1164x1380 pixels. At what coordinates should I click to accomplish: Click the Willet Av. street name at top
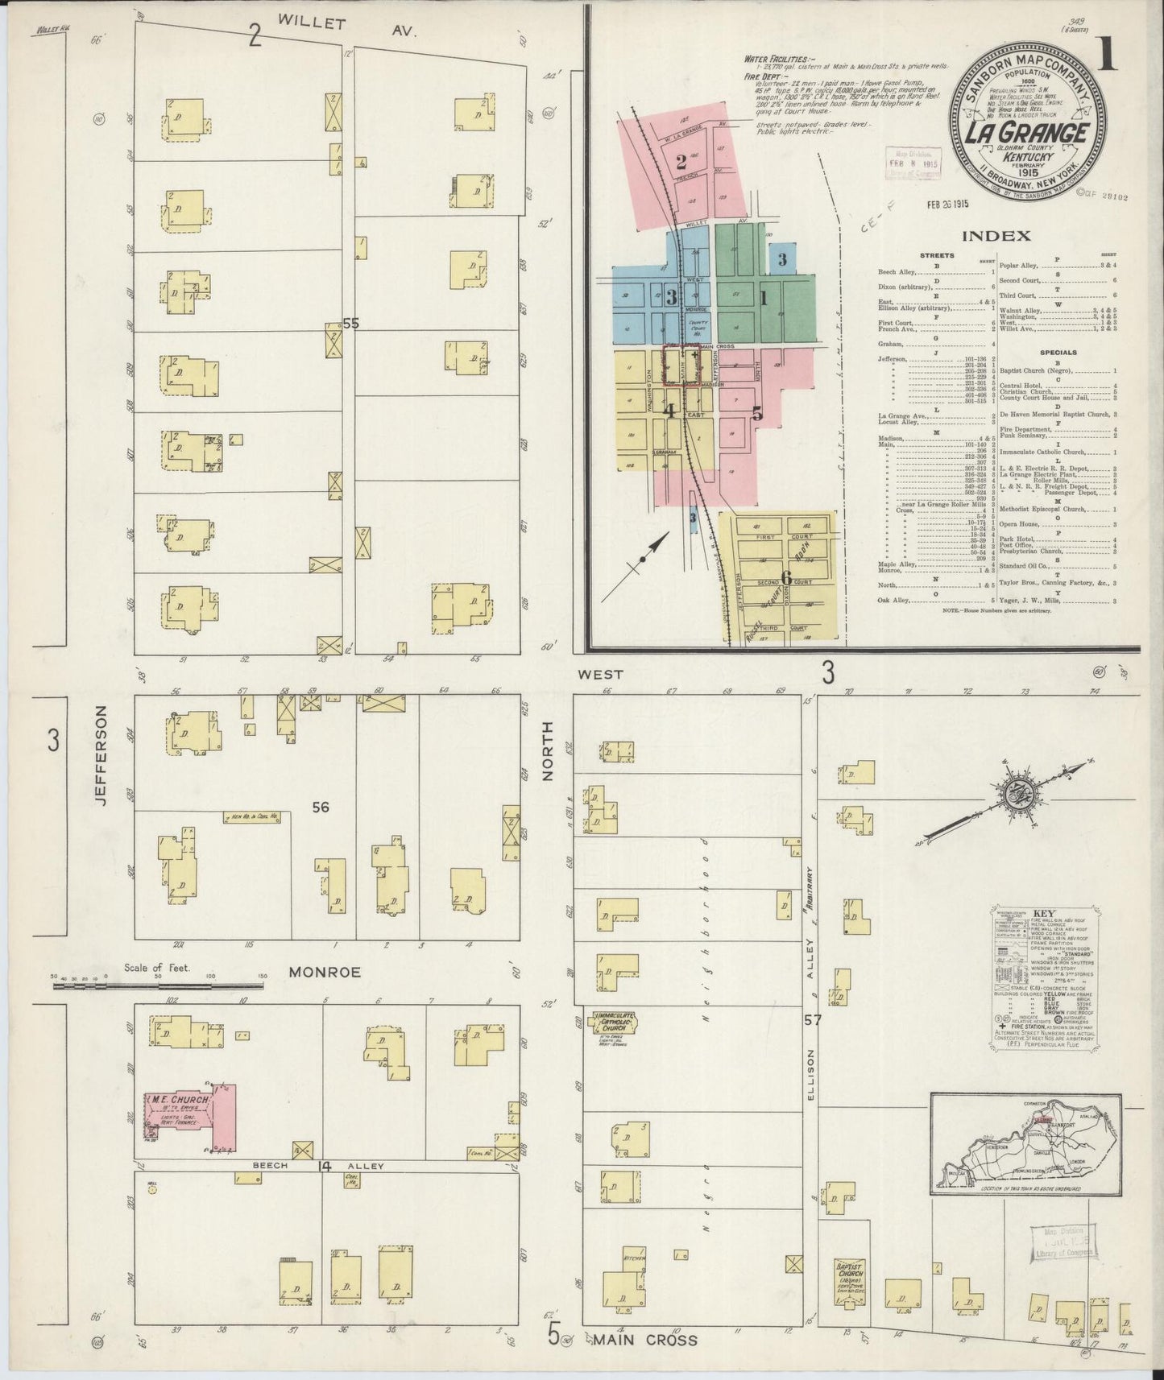pyautogui.click(x=347, y=30)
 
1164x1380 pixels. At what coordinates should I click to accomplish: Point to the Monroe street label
pyautogui.click(x=325, y=972)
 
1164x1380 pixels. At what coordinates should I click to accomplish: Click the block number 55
pyautogui.click(x=350, y=323)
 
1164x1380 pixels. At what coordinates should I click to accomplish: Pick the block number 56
pyautogui.click(x=321, y=807)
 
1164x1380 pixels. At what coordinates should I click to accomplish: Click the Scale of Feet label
pyautogui.click(x=156, y=968)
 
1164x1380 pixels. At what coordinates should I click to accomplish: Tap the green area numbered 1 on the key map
pyautogui.click(x=762, y=299)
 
